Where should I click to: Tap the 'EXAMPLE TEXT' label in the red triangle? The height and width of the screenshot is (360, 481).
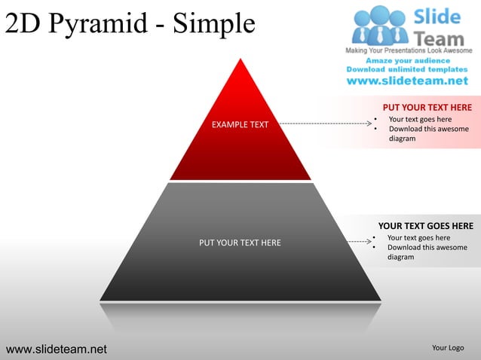tap(240, 124)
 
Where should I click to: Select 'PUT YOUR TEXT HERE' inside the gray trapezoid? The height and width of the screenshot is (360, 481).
tap(240, 243)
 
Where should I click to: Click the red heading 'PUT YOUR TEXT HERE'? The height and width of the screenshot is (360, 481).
tap(427, 108)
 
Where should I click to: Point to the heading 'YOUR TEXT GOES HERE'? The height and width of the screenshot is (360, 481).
tap(425, 226)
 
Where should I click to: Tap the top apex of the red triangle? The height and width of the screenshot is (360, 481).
tap(240, 59)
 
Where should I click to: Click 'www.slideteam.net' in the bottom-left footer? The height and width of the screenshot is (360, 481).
tap(57, 349)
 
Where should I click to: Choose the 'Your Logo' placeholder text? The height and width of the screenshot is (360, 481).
tap(447, 348)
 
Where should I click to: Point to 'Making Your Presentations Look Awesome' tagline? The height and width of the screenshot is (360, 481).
tap(408, 50)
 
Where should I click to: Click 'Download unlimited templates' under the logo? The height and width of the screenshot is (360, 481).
tap(407, 69)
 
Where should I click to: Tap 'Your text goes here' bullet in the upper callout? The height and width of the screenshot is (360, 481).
tap(420, 119)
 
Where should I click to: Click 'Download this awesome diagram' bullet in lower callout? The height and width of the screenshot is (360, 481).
tap(426, 252)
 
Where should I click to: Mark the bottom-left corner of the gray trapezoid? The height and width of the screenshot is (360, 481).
tap(101, 300)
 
